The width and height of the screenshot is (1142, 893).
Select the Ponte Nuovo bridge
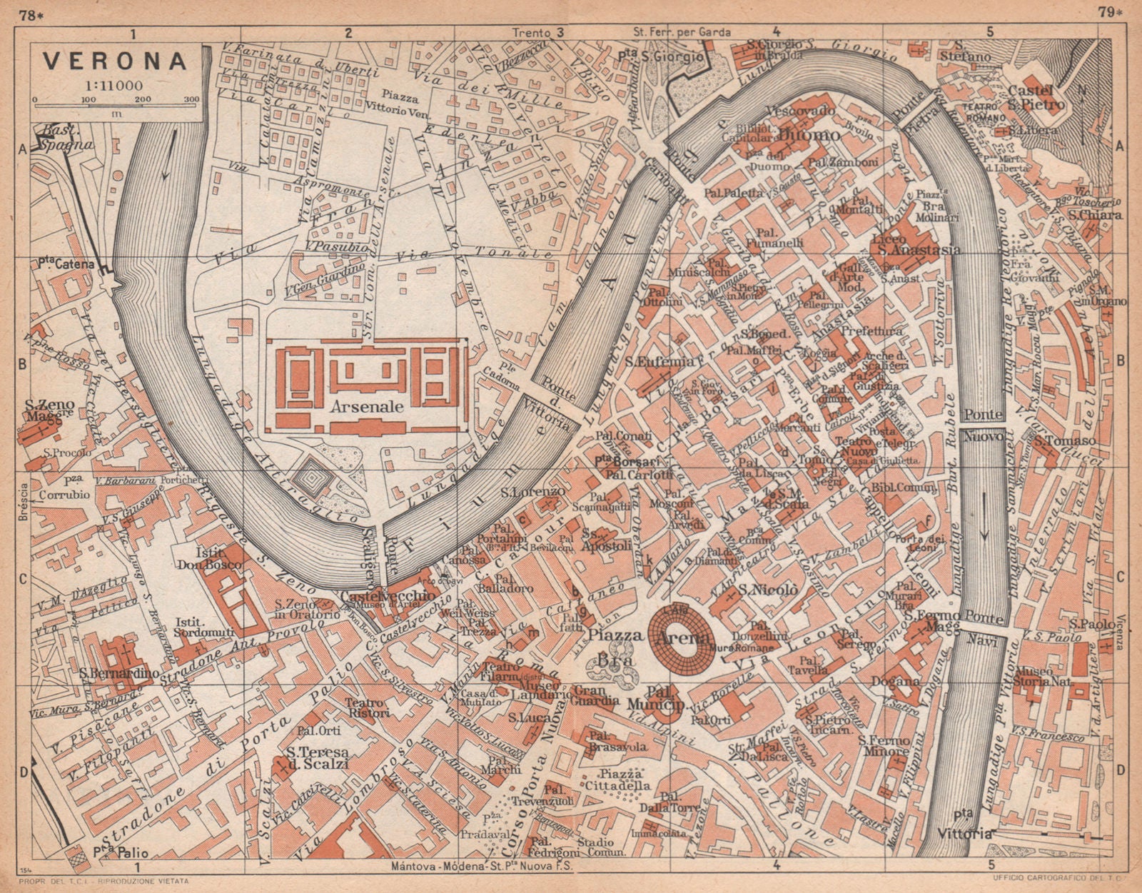click(984, 425)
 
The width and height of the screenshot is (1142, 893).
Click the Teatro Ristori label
click(367, 707)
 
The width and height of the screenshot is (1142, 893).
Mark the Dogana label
click(894, 681)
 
